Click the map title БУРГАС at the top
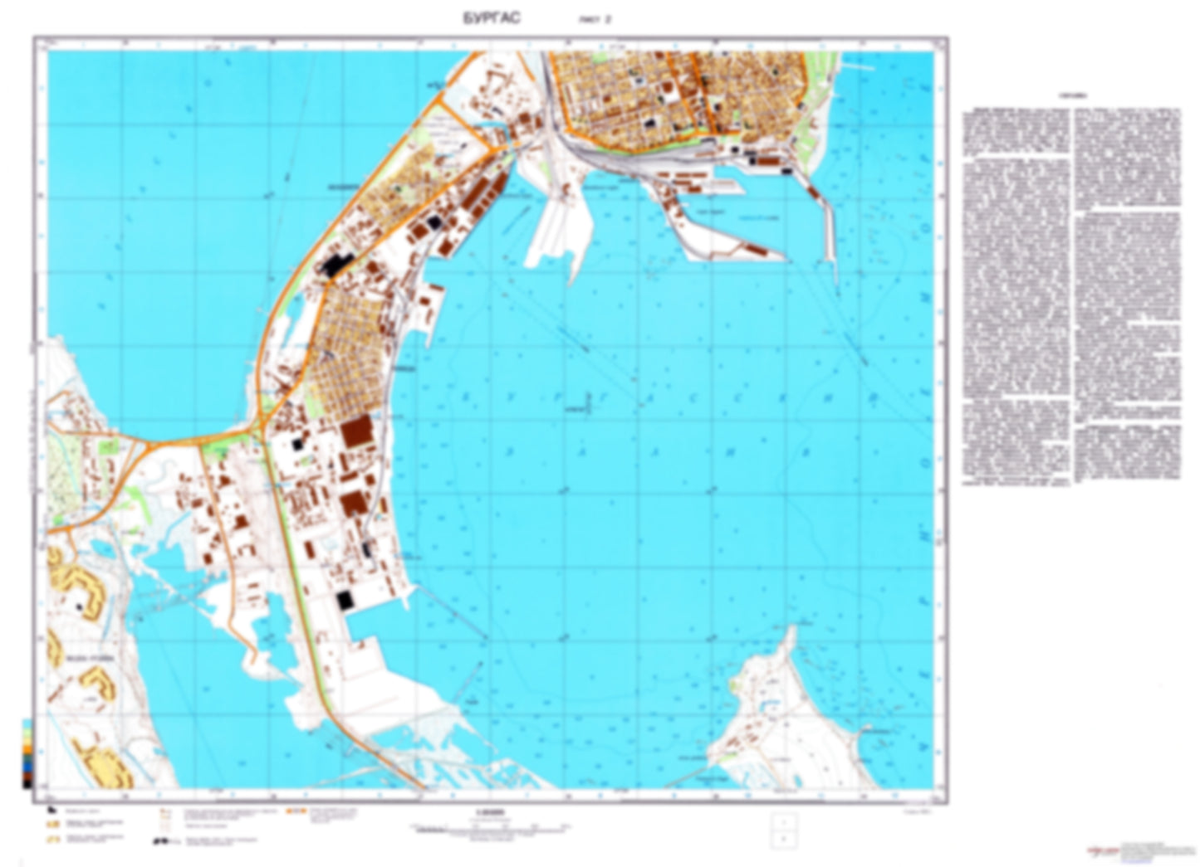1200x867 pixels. pyautogui.click(x=492, y=18)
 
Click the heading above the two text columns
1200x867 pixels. pyautogui.click(x=1071, y=96)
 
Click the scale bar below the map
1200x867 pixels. pyautogui.click(x=490, y=826)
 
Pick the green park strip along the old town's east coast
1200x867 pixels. pyautogui.click(x=823, y=108)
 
